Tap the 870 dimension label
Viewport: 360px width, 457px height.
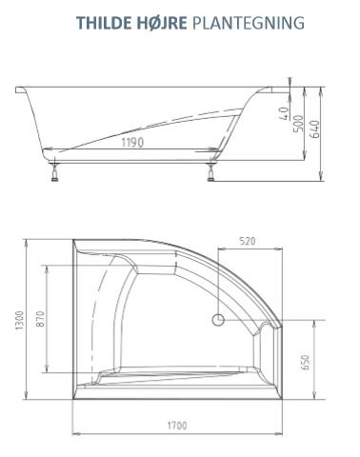[40, 319]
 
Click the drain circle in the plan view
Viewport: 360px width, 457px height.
[218, 320]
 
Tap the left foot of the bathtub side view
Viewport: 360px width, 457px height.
[55, 173]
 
